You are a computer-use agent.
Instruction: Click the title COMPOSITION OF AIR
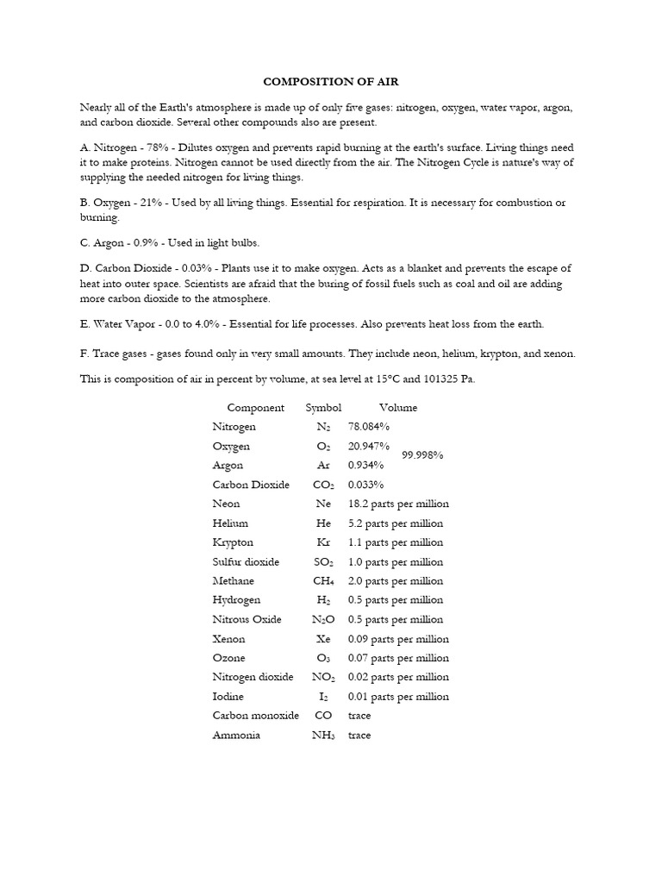pyautogui.click(x=331, y=82)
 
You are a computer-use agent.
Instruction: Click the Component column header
pyautogui.click(x=255, y=408)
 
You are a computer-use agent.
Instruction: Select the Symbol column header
pyautogui.click(x=323, y=408)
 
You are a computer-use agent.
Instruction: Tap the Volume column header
pyautogui.click(x=397, y=408)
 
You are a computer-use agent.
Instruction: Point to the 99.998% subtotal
pyautogui.click(x=422, y=455)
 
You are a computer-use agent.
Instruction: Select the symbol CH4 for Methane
pyautogui.click(x=323, y=581)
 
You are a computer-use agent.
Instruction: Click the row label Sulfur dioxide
pyautogui.click(x=246, y=562)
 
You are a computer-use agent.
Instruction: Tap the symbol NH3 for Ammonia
pyautogui.click(x=323, y=736)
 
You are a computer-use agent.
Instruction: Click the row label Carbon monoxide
pyautogui.click(x=255, y=716)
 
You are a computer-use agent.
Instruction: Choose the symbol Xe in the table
pyautogui.click(x=323, y=639)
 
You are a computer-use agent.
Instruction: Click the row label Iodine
pyautogui.click(x=228, y=697)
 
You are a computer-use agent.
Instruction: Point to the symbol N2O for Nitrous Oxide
pyautogui.click(x=323, y=620)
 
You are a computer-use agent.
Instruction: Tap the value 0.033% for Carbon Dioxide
pyautogui.click(x=366, y=485)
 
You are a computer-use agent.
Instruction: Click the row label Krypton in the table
pyautogui.click(x=233, y=542)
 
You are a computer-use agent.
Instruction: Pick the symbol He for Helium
pyautogui.click(x=323, y=523)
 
